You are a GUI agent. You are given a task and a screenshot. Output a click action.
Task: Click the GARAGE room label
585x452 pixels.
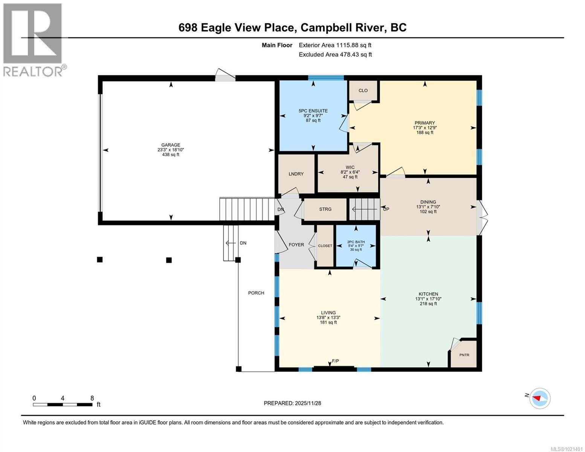tap(171, 145)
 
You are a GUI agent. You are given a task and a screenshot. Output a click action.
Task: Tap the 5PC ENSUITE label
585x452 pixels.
tap(313, 111)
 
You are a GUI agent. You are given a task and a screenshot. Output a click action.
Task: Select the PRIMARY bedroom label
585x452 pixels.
tap(425, 123)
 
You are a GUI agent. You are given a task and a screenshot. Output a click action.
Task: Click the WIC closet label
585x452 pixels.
tap(350, 167)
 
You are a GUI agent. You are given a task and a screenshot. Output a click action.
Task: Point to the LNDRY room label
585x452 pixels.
tap(296, 174)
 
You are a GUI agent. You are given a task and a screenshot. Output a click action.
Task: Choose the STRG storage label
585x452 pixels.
tap(325, 209)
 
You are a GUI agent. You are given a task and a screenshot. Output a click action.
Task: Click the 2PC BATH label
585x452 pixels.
tap(356, 242)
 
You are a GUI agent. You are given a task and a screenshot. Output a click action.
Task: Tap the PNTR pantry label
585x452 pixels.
tap(464, 355)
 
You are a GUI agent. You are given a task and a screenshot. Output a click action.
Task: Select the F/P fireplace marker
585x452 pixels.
tap(335, 361)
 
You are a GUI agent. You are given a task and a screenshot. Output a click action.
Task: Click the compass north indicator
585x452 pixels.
tap(539, 398)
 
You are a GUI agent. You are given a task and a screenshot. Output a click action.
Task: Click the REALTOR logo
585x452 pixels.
tap(33, 39)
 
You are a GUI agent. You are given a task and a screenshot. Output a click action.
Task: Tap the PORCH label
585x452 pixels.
tap(256, 293)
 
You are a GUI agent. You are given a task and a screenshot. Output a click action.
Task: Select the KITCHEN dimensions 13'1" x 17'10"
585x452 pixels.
tap(428, 299)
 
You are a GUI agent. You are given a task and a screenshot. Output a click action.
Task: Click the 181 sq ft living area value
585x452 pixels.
tap(328, 322)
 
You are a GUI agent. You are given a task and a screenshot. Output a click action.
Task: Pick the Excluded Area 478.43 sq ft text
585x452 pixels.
tap(335, 55)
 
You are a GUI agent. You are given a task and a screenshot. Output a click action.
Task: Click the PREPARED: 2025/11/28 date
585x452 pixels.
tap(292, 403)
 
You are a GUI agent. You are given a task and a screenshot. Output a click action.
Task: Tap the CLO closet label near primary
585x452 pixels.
tap(363, 90)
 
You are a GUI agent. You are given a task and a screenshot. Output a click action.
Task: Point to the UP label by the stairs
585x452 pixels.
tap(386, 209)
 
